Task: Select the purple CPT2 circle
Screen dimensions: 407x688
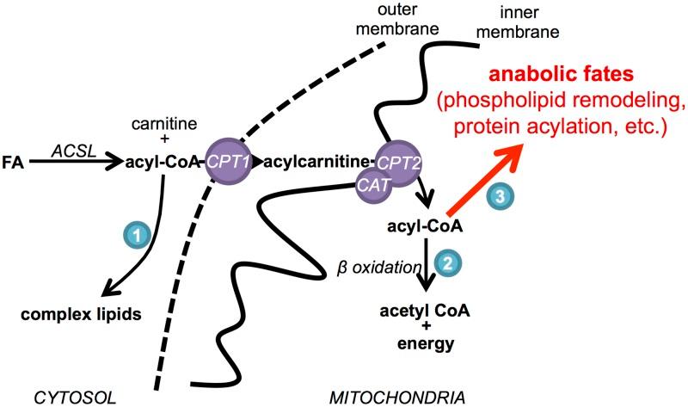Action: [x=396, y=161]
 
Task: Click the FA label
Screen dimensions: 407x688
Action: [x=14, y=161]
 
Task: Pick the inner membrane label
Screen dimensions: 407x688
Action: [x=525, y=21]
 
